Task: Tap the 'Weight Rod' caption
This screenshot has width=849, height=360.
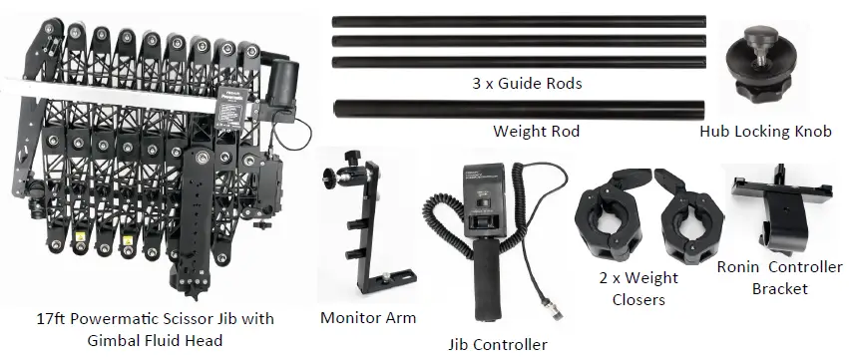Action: (538, 132)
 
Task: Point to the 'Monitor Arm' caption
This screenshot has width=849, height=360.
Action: (368, 318)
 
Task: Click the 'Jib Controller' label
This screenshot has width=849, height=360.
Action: (499, 344)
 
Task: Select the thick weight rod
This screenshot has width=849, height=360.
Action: (519, 109)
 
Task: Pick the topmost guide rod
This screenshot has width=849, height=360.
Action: (519, 19)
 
